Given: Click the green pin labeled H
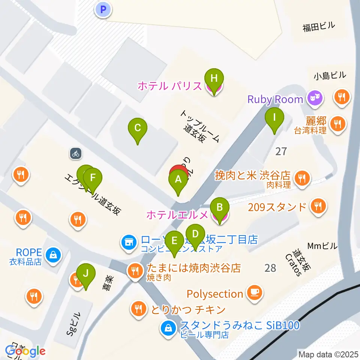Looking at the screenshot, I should [214, 79].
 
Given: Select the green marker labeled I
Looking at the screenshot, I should [274, 117].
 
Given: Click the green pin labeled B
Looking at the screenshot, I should [220, 207].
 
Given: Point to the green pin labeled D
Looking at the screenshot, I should [195, 234].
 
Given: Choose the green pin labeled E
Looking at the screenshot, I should [174, 241].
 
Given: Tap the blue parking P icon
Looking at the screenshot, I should [104, 9].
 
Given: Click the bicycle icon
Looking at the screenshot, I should [76, 153].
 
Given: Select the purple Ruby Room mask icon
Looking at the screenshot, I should [314, 99].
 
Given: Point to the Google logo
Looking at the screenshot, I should [25, 351].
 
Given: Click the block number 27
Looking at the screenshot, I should [281, 151].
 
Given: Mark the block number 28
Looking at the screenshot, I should [270, 268].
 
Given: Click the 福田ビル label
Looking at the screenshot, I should [319, 27].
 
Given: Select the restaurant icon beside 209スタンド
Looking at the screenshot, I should [318, 206].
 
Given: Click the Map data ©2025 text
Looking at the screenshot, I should [328, 354].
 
